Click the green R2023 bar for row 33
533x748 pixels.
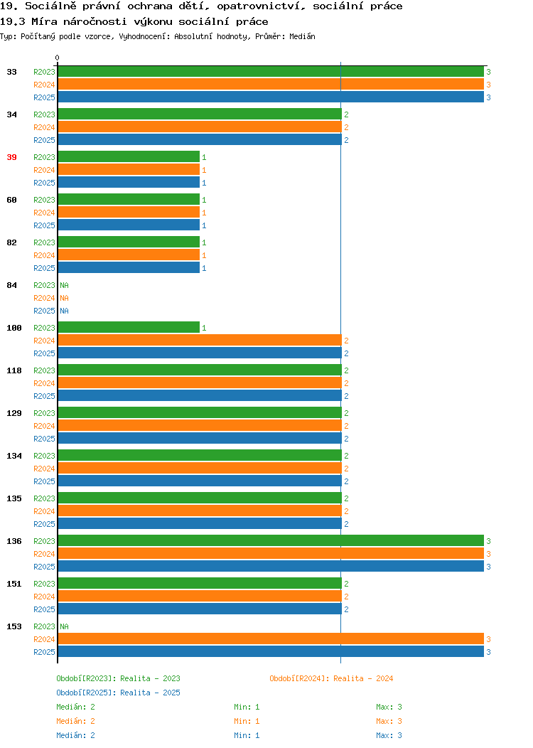(271, 72)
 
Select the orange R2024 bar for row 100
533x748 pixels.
(200, 340)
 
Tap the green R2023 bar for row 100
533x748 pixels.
(129, 327)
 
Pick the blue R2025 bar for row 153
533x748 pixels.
(271, 651)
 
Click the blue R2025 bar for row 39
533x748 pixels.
(129, 182)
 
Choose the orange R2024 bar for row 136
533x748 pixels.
(271, 553)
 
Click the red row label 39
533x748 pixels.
(11, 157)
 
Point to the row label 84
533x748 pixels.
(11, 285)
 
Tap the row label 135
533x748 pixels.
(14, 498)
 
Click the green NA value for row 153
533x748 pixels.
(65, 626)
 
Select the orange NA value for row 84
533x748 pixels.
(65, 298)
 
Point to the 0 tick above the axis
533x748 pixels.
(58, 58)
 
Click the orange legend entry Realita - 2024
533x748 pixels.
(331, 678)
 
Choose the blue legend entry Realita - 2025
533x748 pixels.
(118, 693)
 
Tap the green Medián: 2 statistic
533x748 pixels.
(75, 707)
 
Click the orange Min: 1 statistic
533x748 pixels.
(247, 721)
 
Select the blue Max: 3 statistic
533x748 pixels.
(389, 736)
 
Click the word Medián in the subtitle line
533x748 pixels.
(302, 36)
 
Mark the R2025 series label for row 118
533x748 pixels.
(44, 396)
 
